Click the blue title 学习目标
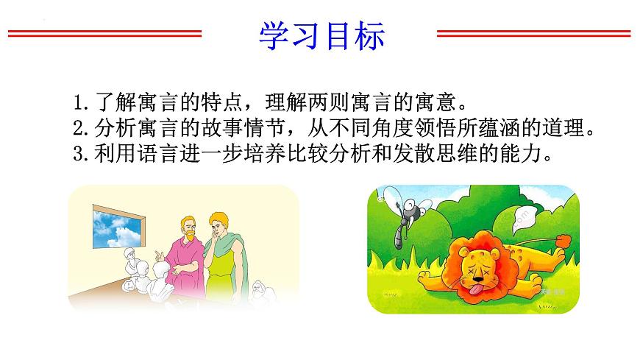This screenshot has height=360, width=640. click(321, 36)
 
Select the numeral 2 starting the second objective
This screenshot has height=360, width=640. click(79, 128)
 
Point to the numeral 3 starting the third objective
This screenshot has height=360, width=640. click(79, 154)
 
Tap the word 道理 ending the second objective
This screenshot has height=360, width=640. click(563, 128)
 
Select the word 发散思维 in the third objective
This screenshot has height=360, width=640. click(435, 154)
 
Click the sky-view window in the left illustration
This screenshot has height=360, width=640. click(118, 227)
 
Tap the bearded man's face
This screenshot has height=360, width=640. click(188, 230)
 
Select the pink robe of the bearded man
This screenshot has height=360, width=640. click(185, 267)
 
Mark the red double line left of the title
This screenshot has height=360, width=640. click(105, 34)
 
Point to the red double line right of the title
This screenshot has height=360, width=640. click(534, 34)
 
